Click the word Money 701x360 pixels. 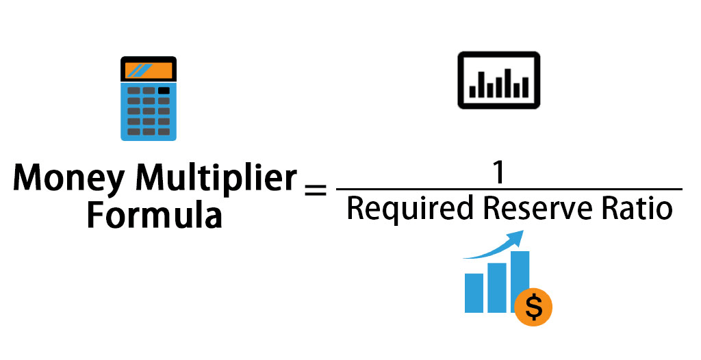(68, 180)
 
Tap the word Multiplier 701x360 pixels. (216, 180)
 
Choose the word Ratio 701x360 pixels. (637, 207)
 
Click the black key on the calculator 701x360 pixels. (164, 90)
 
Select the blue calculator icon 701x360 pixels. (149, 99)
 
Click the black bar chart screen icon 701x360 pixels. (498, 80)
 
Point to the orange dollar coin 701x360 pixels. (533, 307)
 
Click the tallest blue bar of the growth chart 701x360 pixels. (520, 277)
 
